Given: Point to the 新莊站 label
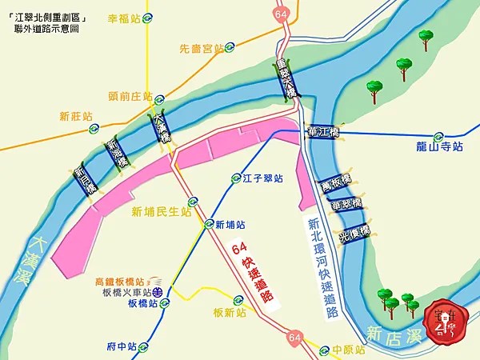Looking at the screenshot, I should [76, 117].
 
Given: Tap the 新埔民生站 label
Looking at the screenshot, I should [162, 212].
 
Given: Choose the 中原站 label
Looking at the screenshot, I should [350, 350].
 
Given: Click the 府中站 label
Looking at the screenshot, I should [122, 347].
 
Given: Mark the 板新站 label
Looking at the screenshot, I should [230, 313].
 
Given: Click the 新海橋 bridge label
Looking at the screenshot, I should [118, 150].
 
